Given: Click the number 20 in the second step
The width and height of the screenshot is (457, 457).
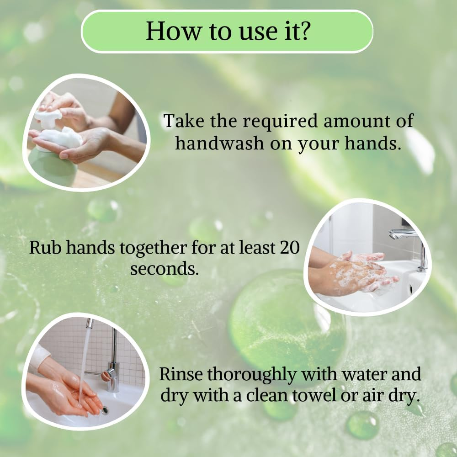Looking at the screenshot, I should [x=289, y=248].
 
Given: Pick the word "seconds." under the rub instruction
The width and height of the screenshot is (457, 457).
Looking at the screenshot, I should [x=165, y=268].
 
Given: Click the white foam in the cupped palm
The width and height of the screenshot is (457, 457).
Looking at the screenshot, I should [x=64, y=137].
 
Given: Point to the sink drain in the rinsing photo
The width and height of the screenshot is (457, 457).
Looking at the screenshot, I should [x=105, y=409].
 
